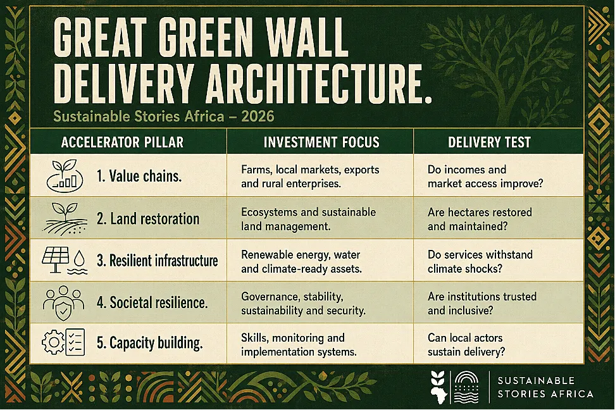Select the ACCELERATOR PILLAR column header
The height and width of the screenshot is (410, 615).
pos(122,142)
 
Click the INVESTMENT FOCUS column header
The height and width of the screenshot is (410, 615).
pos(321,142)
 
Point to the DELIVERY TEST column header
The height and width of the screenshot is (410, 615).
pos(489,142)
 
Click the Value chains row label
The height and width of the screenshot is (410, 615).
pos(139,176)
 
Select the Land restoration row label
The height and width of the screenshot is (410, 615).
pos(148,218)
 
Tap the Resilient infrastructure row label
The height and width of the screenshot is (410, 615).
pos(158,261)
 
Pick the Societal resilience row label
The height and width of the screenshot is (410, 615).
pos(152,302)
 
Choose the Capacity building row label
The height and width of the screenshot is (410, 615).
pos(150,343)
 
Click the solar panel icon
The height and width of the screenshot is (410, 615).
pos(55,259)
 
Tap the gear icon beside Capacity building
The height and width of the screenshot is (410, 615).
pos(53,342)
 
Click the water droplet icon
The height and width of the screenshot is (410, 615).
pos(80,258)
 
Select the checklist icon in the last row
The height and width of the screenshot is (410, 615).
pos(75,342)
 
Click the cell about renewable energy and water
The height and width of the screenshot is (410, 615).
pos(301,262)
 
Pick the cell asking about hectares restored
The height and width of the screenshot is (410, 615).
pos(480,220)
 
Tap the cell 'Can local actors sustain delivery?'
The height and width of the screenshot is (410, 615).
pos(466,345)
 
